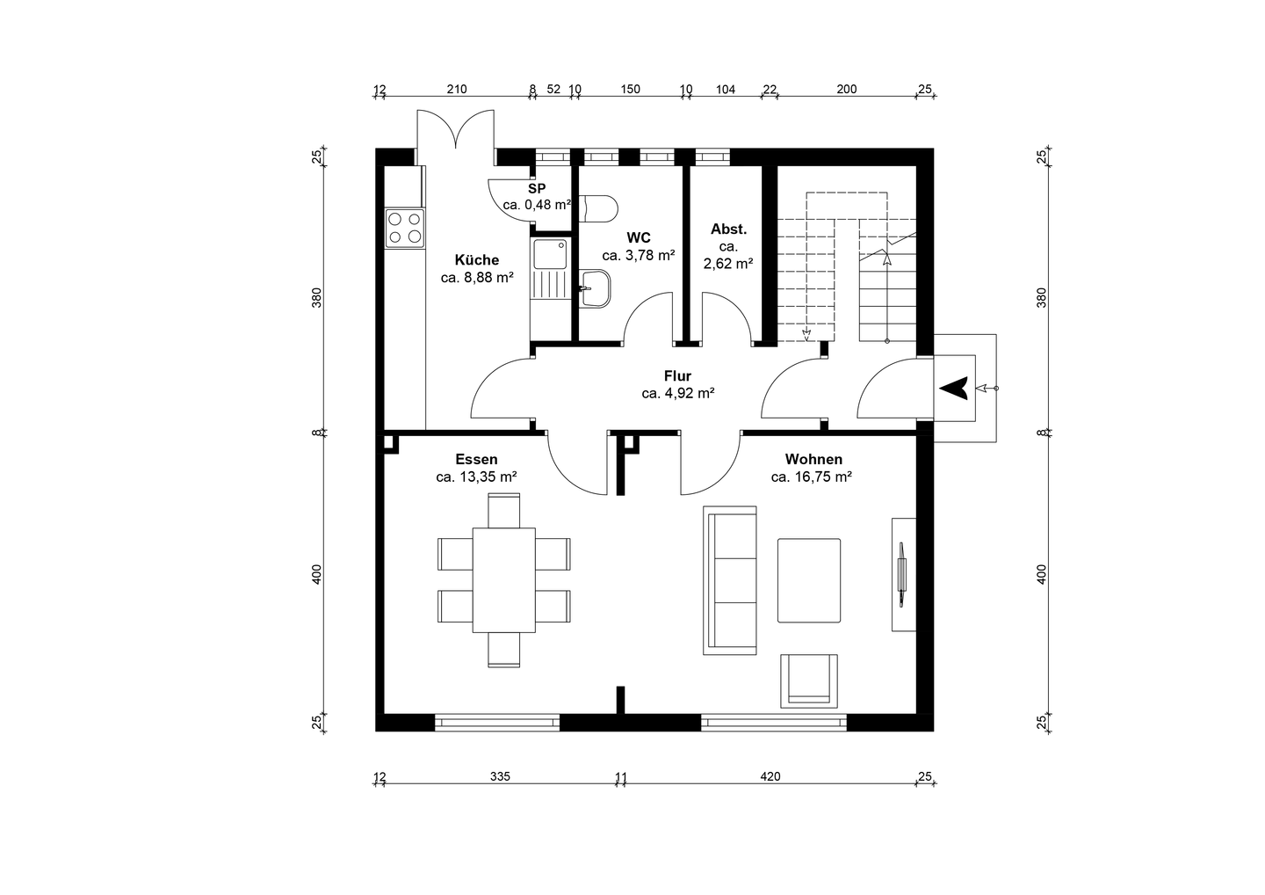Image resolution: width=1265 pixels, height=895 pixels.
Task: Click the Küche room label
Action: click(x=477, y=260)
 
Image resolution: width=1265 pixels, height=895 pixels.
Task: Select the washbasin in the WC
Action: click(x=596, y=288)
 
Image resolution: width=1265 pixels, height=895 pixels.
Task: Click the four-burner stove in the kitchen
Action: click(x=405, y=228)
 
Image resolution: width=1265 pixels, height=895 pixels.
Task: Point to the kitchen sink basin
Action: click(x=550, y=254)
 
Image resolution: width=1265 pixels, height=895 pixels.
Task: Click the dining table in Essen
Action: click(x=503, y=579)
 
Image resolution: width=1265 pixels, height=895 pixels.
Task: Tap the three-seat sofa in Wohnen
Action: click(x=730, y=580)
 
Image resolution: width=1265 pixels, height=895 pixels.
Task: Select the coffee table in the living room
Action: click(x=809, y=580)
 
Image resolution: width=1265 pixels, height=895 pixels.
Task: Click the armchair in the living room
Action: click(x=809, y=680)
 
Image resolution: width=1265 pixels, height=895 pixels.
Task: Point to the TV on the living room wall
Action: click(x=901, y=575)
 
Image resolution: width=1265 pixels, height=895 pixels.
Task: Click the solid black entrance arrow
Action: click(x=954, y=389)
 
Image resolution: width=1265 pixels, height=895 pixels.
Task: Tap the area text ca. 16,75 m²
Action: click(x=811, y=477)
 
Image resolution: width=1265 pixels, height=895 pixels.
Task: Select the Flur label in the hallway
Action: click(x=677, y=375)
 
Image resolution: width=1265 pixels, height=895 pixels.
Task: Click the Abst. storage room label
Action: click(x=728, y=229)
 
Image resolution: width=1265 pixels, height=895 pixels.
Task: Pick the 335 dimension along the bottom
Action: click(x=500, y=776)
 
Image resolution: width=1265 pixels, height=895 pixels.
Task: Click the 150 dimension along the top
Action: click(x=630, y=90)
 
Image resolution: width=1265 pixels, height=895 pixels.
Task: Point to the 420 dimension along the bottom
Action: click(x=770, y=776)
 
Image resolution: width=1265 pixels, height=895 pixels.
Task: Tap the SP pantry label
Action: click(x=537, y=188)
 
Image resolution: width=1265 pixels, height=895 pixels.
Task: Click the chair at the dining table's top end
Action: click(x=503, y=510)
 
